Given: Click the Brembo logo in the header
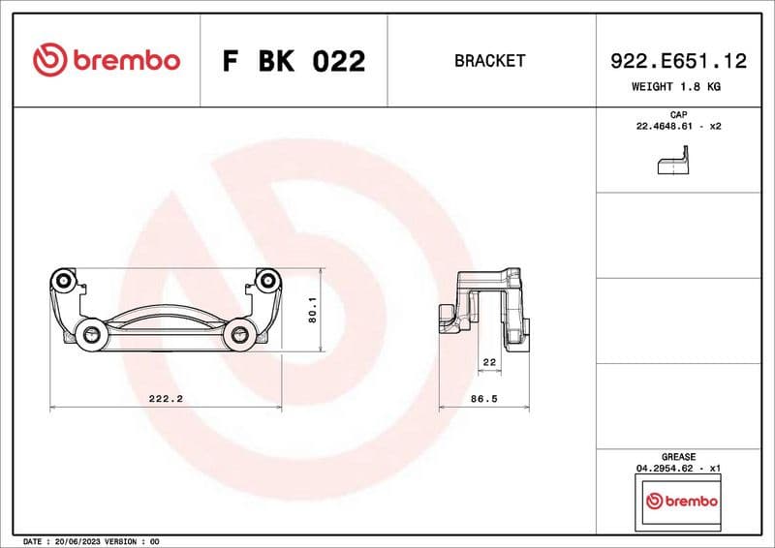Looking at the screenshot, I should tap(107, 60).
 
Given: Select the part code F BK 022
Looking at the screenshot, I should tap(294, 61).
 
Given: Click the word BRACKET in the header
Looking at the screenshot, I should tap(489, 61).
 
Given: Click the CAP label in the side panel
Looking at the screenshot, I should tap(678, 115).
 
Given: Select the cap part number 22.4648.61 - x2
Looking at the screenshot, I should tap(678, 127).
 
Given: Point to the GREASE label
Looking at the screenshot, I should tap(678, 457).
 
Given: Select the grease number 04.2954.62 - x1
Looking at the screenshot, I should tap(678, 469).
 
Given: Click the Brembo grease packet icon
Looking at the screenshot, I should tap(681, 502).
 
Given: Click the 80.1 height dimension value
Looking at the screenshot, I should tap(313, 310).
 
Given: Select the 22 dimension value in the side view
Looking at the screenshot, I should tap(488, 362).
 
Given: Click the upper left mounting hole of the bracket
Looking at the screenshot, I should tap(64, 281).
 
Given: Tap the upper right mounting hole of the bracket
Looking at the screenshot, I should tap(265, 281).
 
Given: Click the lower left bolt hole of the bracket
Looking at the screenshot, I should tap(92, 335).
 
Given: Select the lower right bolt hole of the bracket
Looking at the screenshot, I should tap(238, 335).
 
